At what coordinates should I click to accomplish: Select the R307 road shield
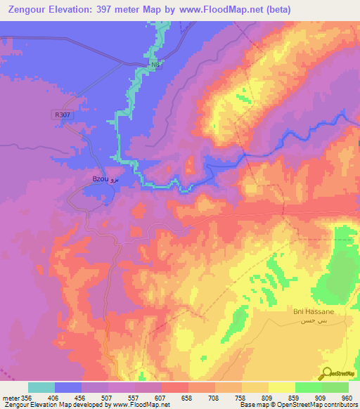point(62,115)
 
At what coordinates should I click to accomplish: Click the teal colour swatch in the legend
point(41,387)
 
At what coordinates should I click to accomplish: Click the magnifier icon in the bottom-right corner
point(327,373)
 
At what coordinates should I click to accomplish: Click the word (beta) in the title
point(277,10)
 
